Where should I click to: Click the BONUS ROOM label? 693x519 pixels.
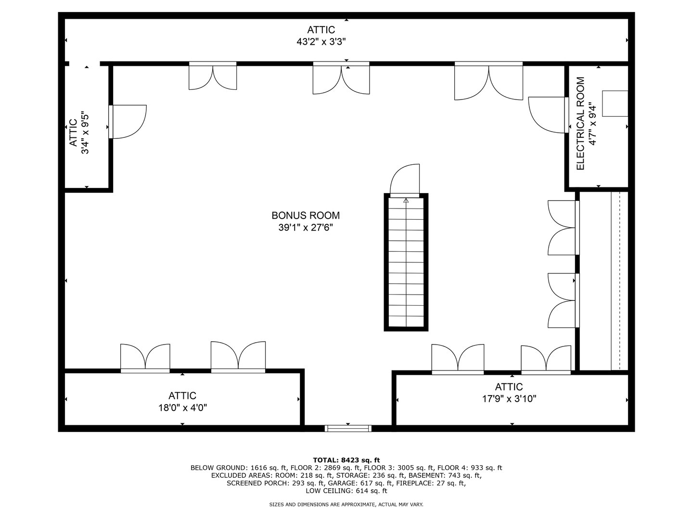(306, 216)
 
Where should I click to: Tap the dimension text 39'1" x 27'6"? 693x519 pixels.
(306, 228)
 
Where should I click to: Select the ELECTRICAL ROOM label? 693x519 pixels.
(580, 124)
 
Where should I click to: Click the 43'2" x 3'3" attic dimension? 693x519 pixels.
(321, 42)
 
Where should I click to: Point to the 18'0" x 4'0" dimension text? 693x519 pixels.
(182, 408)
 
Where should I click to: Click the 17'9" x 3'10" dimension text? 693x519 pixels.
(509, 398)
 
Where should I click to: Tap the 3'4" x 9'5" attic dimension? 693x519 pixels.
(85, 133)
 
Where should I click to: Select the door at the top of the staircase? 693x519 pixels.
(405, 180)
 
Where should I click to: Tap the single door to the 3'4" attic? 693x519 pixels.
(128, 122)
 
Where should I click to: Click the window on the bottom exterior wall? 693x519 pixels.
(348, 428)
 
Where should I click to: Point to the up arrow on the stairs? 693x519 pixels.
(406, 200)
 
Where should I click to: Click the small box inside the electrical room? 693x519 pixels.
(615, 103)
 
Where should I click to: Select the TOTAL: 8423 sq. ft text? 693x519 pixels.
(346, 460)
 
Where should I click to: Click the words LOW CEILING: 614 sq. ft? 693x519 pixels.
(346, 491)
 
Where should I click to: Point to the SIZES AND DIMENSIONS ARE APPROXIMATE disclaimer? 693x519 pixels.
(346, 505)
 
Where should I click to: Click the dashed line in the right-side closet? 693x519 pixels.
(620, 281)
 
